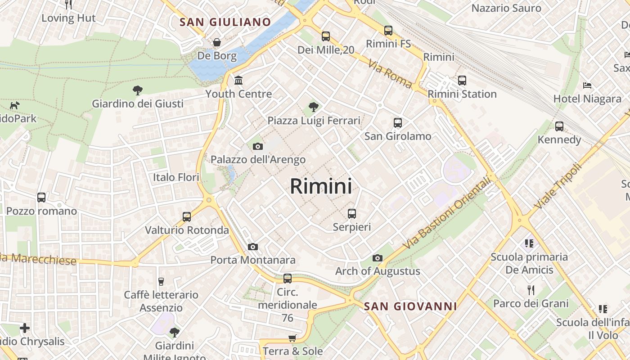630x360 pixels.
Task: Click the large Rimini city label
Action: tap(321, 186)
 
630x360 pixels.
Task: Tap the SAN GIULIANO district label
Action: tap(225, 22)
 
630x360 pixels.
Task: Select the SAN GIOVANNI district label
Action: tap(410, 306)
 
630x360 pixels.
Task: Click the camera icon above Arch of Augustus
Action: tap(378, 258)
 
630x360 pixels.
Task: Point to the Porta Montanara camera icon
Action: tap(253, 247)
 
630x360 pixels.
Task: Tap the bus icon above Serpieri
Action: tap(352, 214)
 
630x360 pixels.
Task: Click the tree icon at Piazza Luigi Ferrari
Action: tap(314, 107)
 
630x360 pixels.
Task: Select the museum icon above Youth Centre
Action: tap(238, 81)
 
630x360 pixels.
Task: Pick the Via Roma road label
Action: tap(390, 74)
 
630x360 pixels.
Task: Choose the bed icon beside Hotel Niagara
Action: tap(587, 85)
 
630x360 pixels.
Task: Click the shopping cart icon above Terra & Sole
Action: tap(292, 338)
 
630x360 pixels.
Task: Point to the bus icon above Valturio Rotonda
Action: tap(187, 217)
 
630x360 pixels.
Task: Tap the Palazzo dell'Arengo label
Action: tap(258, 159)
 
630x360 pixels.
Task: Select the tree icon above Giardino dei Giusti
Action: tap(138, 90)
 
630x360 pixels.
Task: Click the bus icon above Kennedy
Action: tap(559, 126)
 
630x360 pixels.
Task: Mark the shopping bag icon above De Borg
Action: tap(217, 42)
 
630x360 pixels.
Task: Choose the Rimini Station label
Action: tap(462, 94)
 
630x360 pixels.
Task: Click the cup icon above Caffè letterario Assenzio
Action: tap(161, 282)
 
